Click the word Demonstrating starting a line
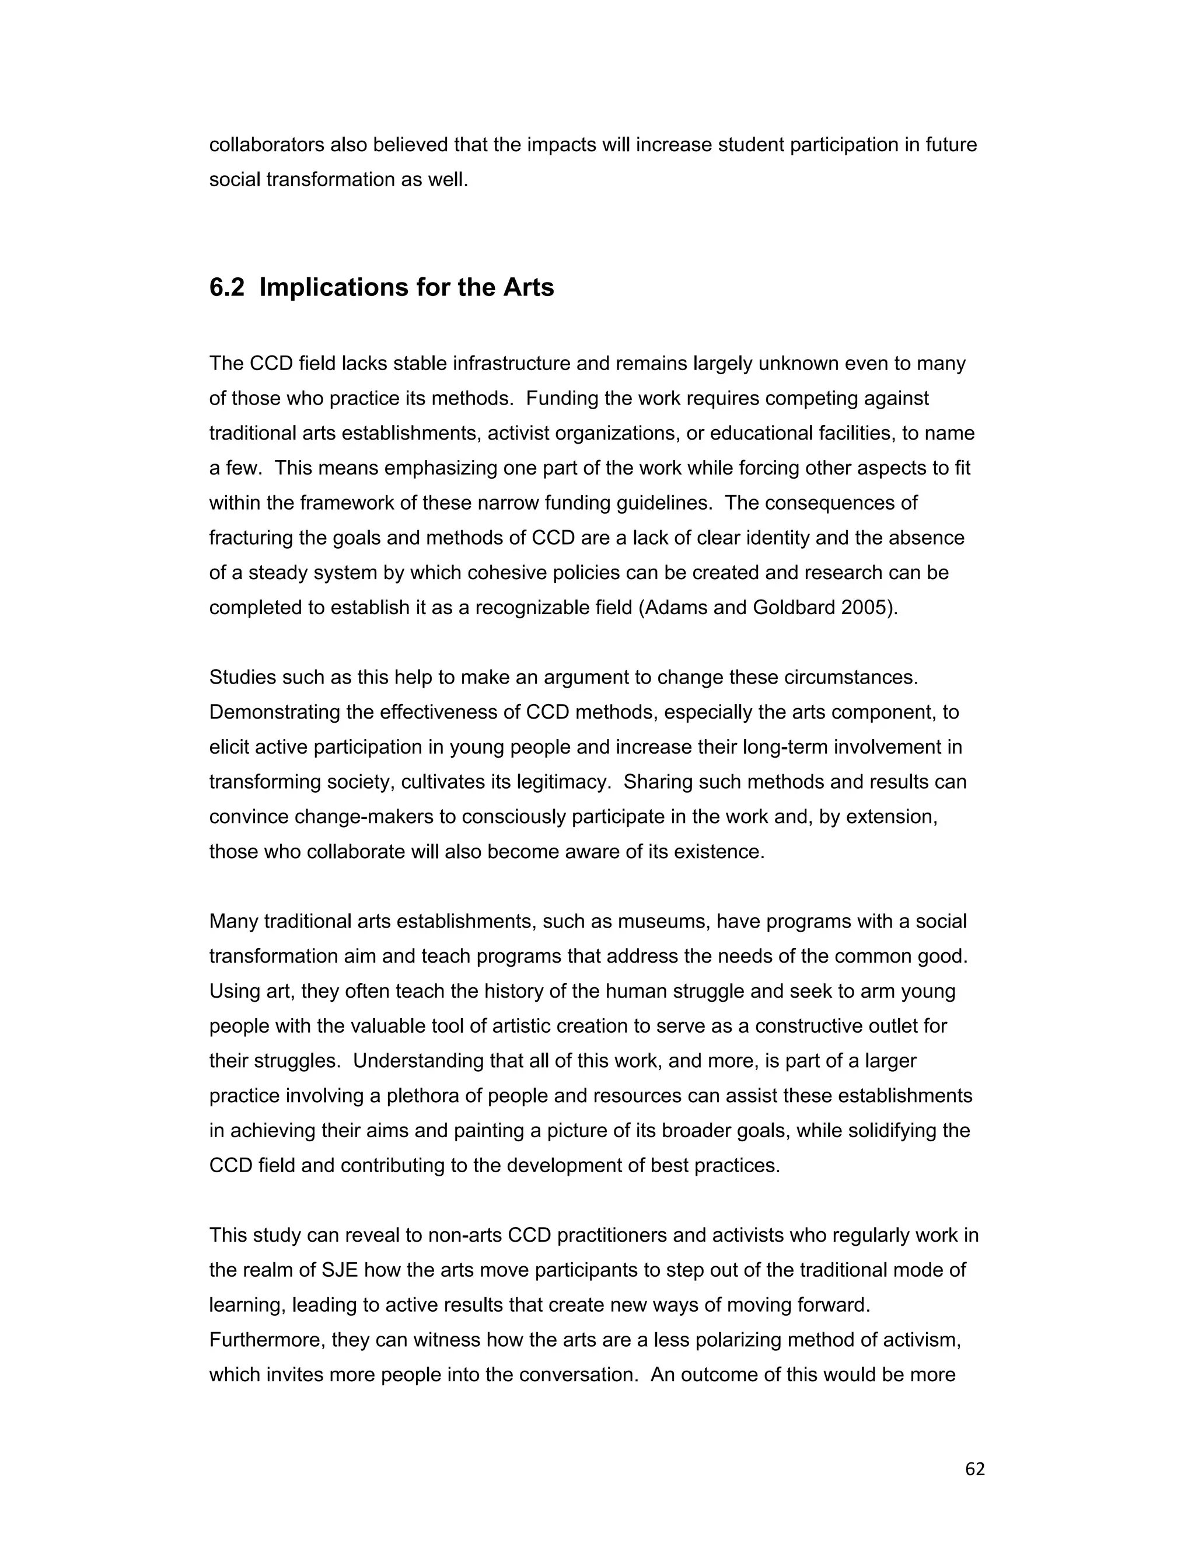275,712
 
